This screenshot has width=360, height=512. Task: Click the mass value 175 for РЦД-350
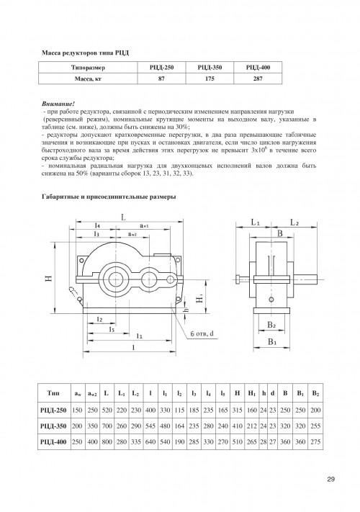coord(210,78)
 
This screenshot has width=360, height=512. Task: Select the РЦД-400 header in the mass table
coord(258,68)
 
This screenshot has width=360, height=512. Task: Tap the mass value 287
coord(258,78)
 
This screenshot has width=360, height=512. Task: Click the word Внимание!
coord(58,104)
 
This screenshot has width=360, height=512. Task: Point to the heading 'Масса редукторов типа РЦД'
coord(85,53)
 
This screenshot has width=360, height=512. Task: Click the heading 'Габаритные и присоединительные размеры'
coord(109,197)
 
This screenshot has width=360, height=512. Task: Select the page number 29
coord(330,480)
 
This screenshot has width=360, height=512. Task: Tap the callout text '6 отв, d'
coord(202,333)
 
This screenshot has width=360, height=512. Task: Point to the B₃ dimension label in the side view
coord(272,342)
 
